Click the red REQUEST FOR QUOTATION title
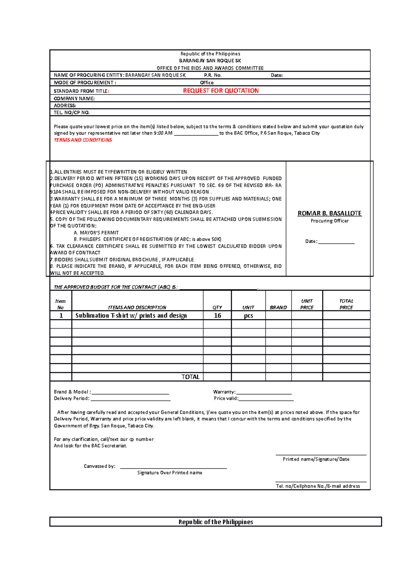221,91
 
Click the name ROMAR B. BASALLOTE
329,213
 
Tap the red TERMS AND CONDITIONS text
83,140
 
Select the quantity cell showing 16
217,316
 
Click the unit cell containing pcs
248,316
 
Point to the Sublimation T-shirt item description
131,316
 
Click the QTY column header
217,307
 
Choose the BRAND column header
278,307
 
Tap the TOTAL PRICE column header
346,304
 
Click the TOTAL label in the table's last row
190,377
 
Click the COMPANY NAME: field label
74,99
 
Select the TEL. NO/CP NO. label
72,113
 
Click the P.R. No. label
213,75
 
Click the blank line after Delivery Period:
130,399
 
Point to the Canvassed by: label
100,466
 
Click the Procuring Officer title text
330,221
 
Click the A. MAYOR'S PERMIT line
96,233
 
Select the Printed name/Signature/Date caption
316,459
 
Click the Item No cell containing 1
61,316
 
